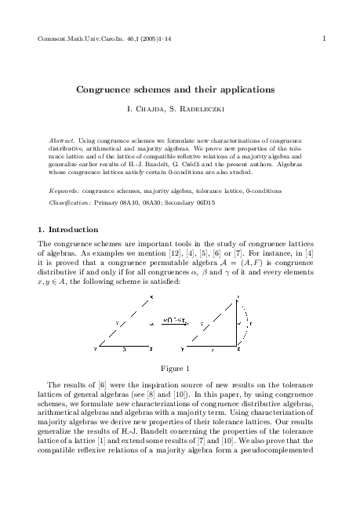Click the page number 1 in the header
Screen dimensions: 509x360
(x=324, y=37)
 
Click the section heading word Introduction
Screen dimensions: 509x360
(x=73, y=230)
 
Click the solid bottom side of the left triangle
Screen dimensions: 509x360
(x=125, y=345)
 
